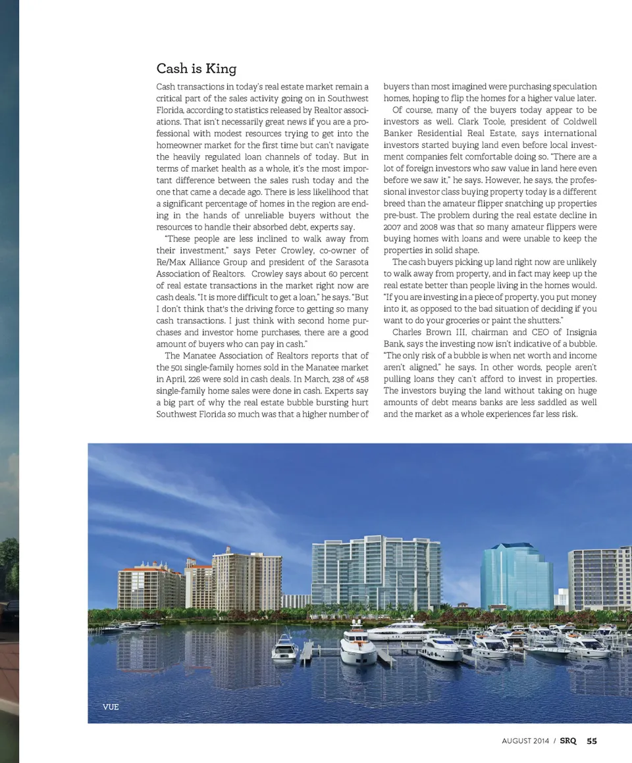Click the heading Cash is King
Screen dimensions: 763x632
click(x=196, y=68)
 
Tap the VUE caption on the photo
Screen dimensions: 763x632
click(x=111, y=707)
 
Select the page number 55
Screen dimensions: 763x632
click(x=592, y=741)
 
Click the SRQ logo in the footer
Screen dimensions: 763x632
click(x=568, y=741)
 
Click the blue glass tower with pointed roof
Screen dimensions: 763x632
click(x=516, y=576)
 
